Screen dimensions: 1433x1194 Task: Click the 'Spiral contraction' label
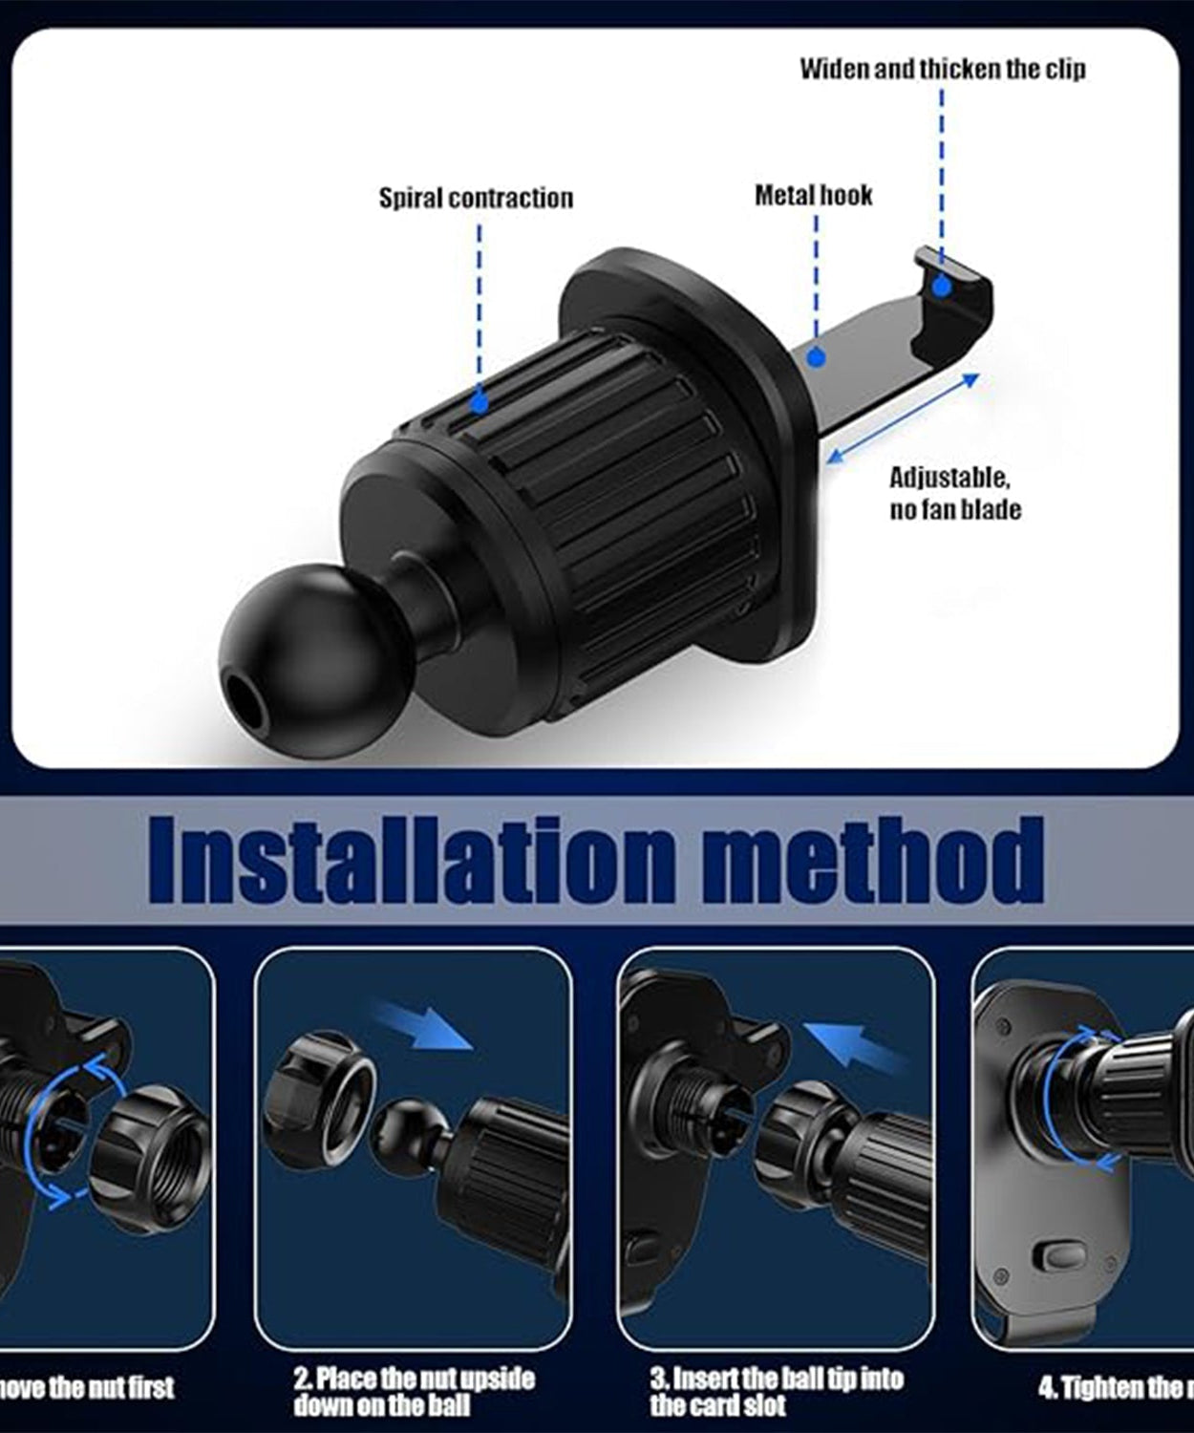[476, 198]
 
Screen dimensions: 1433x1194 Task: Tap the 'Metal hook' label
[813, 196]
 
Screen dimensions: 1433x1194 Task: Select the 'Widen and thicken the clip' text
[942, 69]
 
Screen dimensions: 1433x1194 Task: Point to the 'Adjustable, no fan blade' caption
[954, 493]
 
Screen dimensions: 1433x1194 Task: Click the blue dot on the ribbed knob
[480, 403]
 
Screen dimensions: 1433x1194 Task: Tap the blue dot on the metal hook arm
[815, 357]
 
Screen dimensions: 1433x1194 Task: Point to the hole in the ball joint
[250, 705]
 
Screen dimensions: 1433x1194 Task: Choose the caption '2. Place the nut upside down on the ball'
[413, 1391]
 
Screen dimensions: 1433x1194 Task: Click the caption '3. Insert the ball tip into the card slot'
[776, 1391]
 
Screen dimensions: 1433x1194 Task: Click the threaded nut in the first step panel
[151, 1156]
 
